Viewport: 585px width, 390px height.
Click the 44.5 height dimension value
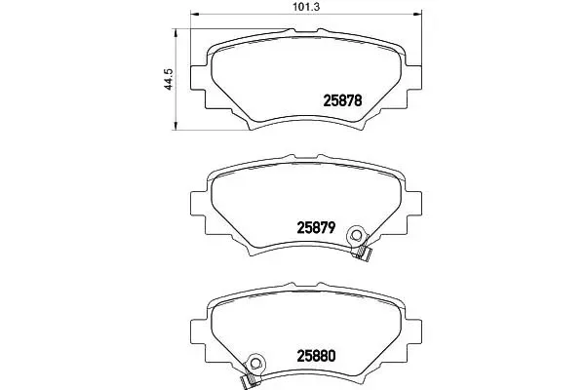coord(169,79)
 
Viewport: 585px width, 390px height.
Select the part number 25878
coord(342,100)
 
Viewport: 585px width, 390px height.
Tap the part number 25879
coord(316,227)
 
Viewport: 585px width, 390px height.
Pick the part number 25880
coord(316,356)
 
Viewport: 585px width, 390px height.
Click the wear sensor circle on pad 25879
coord(356,235)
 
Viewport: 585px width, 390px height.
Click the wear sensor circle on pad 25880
coord(255,363)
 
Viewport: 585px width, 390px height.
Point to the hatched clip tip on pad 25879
coord(363,253)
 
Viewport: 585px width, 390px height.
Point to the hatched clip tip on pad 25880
coord(248,380)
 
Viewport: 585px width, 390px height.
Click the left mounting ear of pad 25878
coord(198,78)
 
